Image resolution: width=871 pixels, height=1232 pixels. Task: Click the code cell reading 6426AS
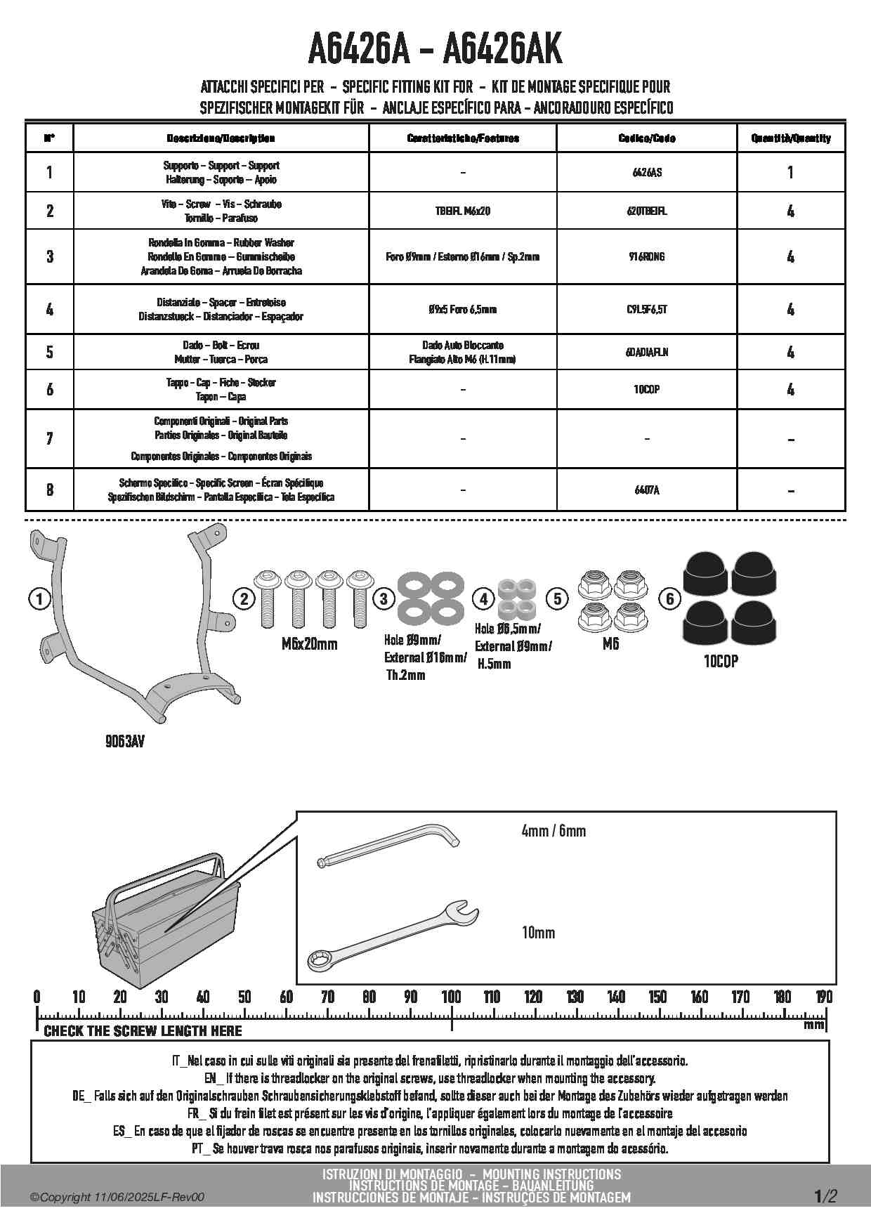[x=646, y=172]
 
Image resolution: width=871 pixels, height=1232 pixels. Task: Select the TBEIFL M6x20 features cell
[x=462, y=211]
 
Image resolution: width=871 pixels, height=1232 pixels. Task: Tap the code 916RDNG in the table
[x=646, y=256]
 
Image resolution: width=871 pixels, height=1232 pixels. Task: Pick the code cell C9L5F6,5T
[x=646, y=309]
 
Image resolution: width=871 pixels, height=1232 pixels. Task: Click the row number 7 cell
[x=49, y=438]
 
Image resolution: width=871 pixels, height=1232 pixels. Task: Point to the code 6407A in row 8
[x=646, y=490]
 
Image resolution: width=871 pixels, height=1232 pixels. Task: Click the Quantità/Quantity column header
[x=790, y=138]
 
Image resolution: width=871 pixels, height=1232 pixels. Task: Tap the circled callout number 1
[x=39, y=599]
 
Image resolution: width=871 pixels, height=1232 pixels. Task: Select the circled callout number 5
[x=557, y=598]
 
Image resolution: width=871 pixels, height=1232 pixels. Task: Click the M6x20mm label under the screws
[x=309, y=644]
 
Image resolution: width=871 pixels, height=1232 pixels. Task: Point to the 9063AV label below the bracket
[x=125, y=741]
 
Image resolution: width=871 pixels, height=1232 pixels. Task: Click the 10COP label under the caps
[x=721, y=661]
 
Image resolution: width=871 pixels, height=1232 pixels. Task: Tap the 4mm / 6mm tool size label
[x=554, y=831]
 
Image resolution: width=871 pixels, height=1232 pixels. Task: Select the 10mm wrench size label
[x=538, y=933]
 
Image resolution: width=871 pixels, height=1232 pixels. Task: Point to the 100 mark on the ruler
[x=451, y=997]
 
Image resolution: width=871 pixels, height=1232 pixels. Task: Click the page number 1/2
[x=825, y=1196]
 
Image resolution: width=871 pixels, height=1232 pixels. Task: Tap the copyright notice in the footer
[x=117, y=1197]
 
